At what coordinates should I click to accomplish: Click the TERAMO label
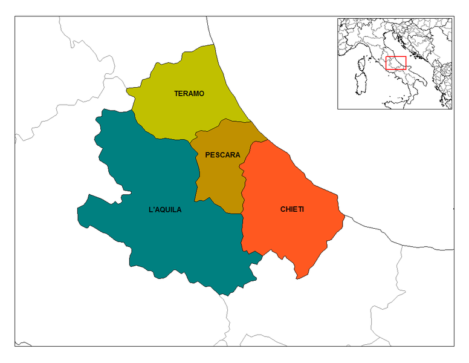[x=189, y=94]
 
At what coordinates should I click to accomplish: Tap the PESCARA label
[x=222, y=155]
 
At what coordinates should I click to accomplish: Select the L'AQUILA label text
[x=164, y=210]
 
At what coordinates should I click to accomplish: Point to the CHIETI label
[x=292, y=209]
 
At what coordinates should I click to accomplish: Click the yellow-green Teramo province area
[x=181, y=115]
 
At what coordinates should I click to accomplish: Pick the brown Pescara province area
[x=219, y=178]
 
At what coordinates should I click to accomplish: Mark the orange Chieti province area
[x=290, y=236]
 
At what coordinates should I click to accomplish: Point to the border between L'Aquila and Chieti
[x=242, y=233]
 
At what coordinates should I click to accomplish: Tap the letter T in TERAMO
[x=176, y=94]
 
